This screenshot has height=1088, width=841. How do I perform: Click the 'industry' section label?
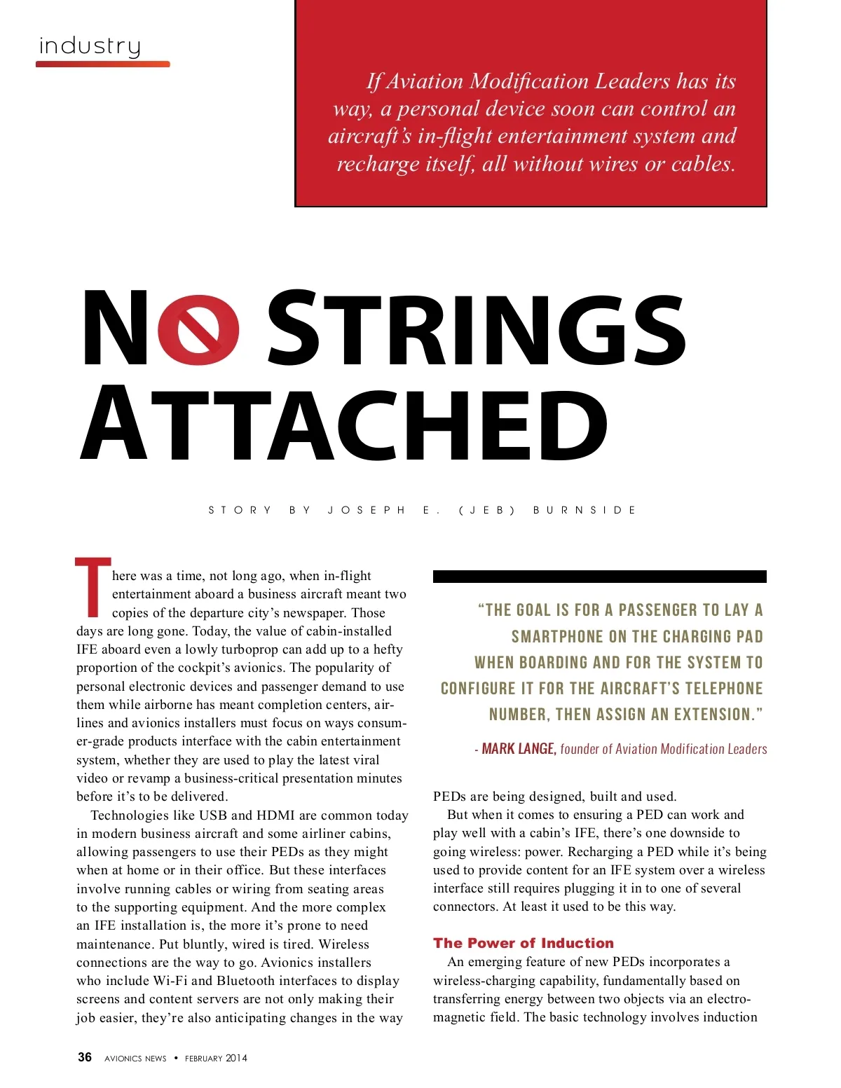(x=90, y=46)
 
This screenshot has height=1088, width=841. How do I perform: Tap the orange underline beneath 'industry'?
(x=102, y=64)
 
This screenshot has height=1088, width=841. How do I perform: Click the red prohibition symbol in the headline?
(x=198, y=329)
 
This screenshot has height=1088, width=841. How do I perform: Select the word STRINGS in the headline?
(x=476, y=329)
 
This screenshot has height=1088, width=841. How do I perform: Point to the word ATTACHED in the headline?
(x=343, y=423)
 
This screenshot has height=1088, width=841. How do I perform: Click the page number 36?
(x=85, y=1057)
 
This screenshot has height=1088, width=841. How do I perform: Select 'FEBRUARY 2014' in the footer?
(x=216, y=1059)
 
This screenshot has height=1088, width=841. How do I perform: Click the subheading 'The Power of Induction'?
(x=523, y=943)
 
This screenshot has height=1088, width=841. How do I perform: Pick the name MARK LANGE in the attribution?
(x=519, y=749)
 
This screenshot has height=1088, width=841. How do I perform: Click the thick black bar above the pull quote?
(x=599, y=577)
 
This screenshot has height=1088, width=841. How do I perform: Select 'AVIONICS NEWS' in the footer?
(x=135, y=1059)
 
